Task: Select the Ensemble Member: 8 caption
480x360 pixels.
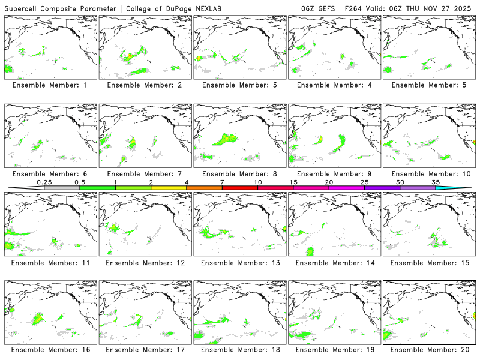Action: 239,174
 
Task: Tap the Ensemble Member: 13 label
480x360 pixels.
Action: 239,262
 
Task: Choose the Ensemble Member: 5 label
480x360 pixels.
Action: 428,86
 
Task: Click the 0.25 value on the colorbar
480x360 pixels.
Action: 44,182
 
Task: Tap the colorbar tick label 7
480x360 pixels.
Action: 222,182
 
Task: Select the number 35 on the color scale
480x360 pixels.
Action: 436,182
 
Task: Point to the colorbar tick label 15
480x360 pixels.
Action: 293,182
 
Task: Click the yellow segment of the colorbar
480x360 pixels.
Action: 169,188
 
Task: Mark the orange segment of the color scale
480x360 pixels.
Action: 204,188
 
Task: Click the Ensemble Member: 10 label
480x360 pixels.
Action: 428,174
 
